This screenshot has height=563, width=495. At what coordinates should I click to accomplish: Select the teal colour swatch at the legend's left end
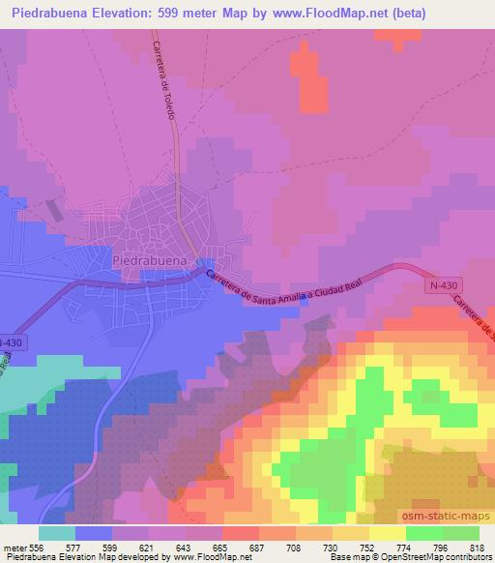point(57,533)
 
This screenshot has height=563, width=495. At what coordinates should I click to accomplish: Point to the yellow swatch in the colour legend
point(387,533)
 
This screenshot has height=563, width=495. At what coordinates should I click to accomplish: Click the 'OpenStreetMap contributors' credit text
point(430,558)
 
